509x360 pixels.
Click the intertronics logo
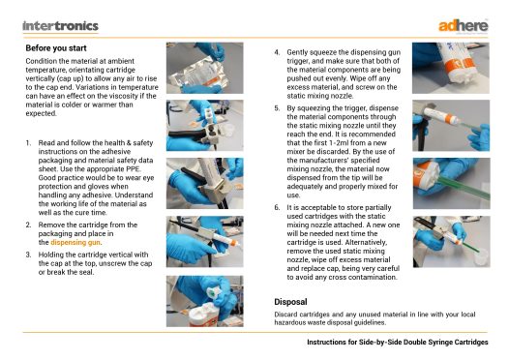click(x=60, y=26)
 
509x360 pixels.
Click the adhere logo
click(x=464, y=26)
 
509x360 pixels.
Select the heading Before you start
click(x=56, y=48)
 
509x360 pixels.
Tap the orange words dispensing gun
click(x=75, y=242)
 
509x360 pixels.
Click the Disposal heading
click(x=290, y=302)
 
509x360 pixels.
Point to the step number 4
click(x=277, y=52)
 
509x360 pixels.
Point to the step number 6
click(x=277, y=207)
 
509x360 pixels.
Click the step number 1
click(x=28, y=143)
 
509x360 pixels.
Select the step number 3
click(x=28, y=255)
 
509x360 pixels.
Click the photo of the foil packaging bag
click(x=204, y=68)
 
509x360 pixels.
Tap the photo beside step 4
click(x=451, y=68)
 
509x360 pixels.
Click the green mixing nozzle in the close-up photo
click(x=463, y=188)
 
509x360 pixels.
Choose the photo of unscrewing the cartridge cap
click(x=204, y=301)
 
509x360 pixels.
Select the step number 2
click(x=28, y=225)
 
